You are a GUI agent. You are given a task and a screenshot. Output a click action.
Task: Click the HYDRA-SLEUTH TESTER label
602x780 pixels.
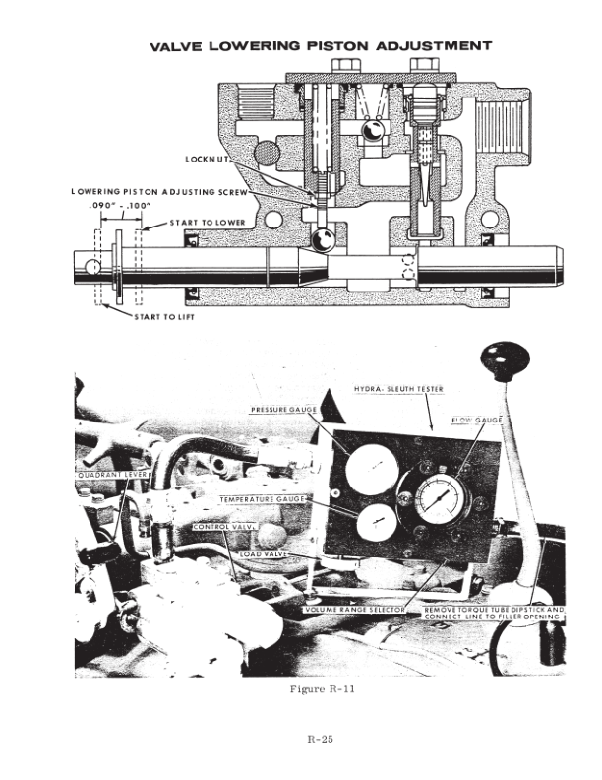(398, 389)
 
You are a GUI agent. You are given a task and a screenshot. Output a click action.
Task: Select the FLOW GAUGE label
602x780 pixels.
(477, 421)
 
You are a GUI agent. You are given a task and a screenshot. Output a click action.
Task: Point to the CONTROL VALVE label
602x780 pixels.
(224, 527)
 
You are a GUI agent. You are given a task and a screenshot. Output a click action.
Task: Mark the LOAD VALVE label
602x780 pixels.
(265, 553)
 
